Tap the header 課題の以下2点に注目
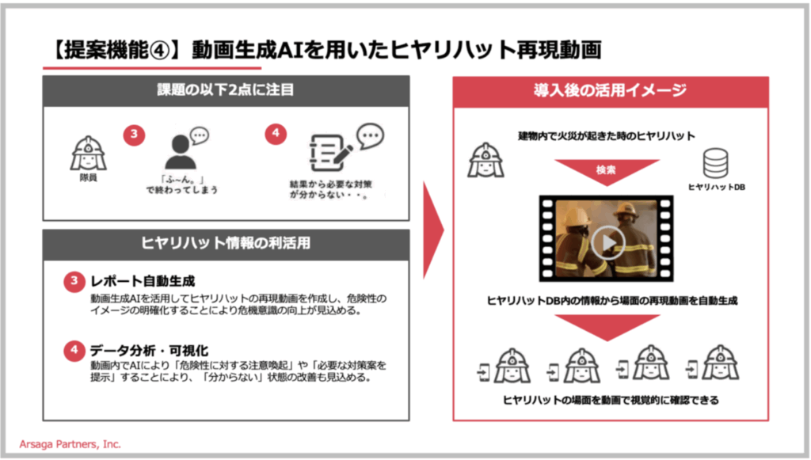tap(226, 89)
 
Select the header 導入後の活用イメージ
tap(610, 90)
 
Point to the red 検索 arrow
tap(606, 171)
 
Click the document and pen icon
tap(326, 153)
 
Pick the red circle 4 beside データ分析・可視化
tap(74, 349)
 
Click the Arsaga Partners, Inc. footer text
tap(70, 445)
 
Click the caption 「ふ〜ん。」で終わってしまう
tap(180, 184)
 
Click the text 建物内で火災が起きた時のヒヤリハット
tap(607, 135)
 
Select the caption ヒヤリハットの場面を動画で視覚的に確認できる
tap(611, 400)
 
